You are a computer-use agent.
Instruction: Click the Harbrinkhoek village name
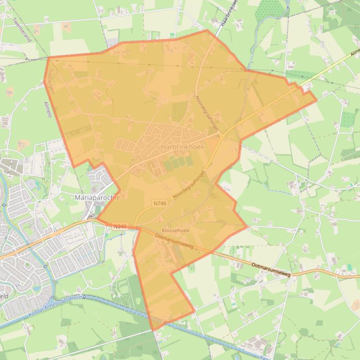tap(182, 147)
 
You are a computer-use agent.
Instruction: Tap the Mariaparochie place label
tap(97, 198)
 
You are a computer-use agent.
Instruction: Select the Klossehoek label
tap(175, 230)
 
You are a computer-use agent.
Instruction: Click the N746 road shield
tap(160, 203)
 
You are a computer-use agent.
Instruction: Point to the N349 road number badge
tap(119, 227)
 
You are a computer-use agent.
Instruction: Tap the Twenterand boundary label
tap(22, 30)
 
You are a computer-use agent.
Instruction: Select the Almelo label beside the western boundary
tap(47, 109)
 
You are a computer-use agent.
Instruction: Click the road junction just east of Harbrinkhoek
tap(223, 136)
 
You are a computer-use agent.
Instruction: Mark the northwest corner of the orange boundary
tap(48, 58)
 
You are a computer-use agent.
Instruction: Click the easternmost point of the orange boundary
tap(316, 100)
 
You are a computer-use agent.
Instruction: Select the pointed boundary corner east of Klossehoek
tap(247, 227)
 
